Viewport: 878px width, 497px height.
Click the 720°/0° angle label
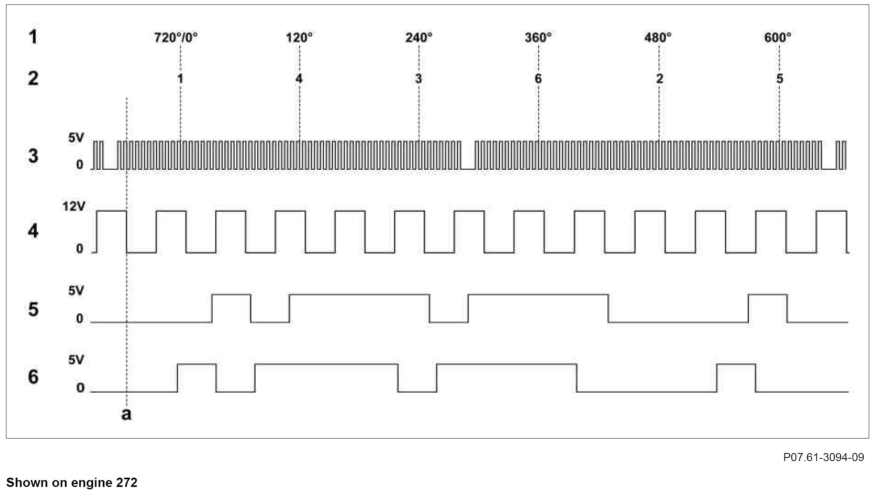pyautogui.click(x=176, y=38)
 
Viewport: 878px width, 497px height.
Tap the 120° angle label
pyautogui.click(x=299, y=38)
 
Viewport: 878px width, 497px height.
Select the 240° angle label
pyautogui.click(x=418, y=38)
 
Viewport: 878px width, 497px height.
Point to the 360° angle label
pyautogui.click(x=538, y=38)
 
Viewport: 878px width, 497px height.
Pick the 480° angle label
pyautogui.click(x=657, y=38)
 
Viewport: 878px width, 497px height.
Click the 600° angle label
pyautogui.click(x=777, y=38)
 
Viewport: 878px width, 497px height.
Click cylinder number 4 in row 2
pyautogui.click(x=299, y=79)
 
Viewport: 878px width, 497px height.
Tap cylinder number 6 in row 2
pyautogui.click(x=538, y=79)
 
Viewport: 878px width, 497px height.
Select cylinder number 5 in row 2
pyautogui.click(x=780, y=79)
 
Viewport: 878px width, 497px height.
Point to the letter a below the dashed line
pyautogui.click(x=126, y=414)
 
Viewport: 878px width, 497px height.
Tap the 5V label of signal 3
pyautogui.click(x=76, y=138)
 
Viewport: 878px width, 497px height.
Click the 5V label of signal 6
pyautogui.click(x=76, y=360)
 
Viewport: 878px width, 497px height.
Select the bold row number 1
pyautogui.click(x=33, y=37)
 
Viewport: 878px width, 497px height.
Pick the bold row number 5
pyautogui.click(x=33, y=310)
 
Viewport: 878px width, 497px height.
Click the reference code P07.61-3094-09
pyautogui.click(x=824, y=457)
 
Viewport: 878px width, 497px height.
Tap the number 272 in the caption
pyautogui.click(x=127, y=482)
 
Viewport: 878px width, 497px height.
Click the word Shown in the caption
pyautogui.click(x=25, y=482)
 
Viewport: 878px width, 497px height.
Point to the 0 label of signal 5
pyautogui.click(x=79, y=319)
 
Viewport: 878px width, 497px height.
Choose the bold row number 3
pyautogui.click(x=33, y=156)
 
